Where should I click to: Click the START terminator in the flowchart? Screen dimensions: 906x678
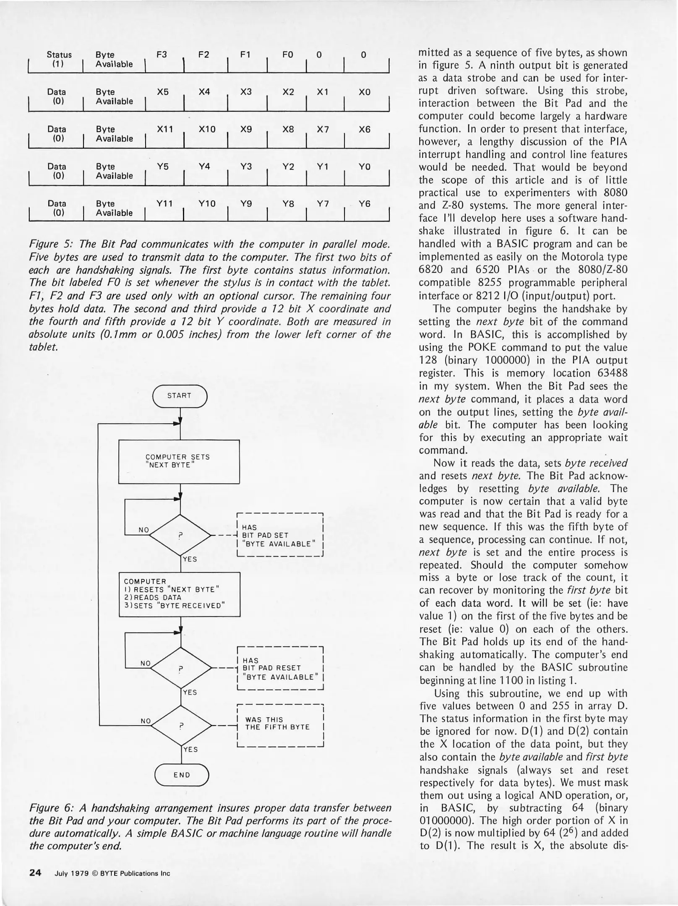tap(180, 396)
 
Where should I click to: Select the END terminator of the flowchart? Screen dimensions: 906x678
tap(182, 775)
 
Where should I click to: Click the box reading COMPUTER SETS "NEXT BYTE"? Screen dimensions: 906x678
tap(179, 461)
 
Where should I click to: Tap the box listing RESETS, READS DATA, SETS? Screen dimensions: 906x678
tap(179, 594)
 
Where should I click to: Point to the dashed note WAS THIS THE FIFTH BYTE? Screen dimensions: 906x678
tap(280, 723)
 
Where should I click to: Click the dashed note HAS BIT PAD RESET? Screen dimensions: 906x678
tap(280, 668)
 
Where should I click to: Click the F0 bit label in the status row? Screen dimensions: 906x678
tap(287, 55)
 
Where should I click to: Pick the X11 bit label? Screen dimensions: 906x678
tap(165, 130)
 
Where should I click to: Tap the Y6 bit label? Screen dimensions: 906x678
tap(365, 204)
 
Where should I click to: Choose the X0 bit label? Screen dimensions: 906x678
tap(365, 92)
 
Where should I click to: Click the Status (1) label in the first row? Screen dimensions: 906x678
tap(59, 59)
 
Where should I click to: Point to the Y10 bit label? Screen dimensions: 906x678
tap(206, 204)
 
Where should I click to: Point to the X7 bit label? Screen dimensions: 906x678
tap(322, 130)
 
